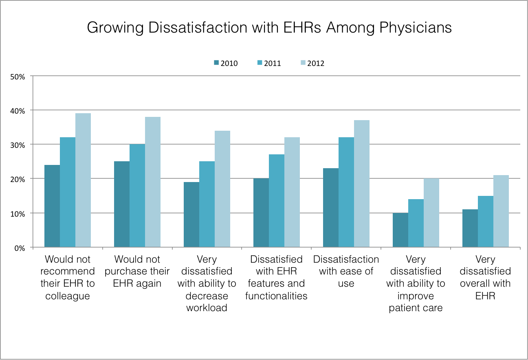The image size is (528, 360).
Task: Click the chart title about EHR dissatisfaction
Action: [x=269, y=28]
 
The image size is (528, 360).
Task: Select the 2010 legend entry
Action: [x=225, y=63]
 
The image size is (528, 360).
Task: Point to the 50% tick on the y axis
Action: [x=18, y=76]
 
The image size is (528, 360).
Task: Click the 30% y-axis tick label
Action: [x=18, y=145]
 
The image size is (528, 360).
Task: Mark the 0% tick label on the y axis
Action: [x=19, y=248]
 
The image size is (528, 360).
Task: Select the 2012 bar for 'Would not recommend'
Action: [x=83, y=180]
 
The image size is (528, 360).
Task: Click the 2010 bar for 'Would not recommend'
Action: [x=52, y=206]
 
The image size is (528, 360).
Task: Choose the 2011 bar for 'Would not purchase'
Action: [x=137, y=195]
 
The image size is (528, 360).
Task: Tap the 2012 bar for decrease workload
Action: [x=222, y=189]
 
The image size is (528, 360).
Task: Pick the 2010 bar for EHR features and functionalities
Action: [x=261, y=213]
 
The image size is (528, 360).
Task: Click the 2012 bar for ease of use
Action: [x=362, y=184]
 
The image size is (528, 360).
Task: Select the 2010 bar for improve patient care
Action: [x=400, y=230]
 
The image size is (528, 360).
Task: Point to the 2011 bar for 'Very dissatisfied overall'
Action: [x=486, y=222]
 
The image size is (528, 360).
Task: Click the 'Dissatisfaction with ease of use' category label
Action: [x=346, y=271]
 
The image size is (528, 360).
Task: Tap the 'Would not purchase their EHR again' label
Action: [x=137, y=271]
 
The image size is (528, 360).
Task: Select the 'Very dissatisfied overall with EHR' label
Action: [x=485, y=277]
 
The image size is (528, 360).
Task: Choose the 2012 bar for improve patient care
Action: [x=431, y=213]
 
